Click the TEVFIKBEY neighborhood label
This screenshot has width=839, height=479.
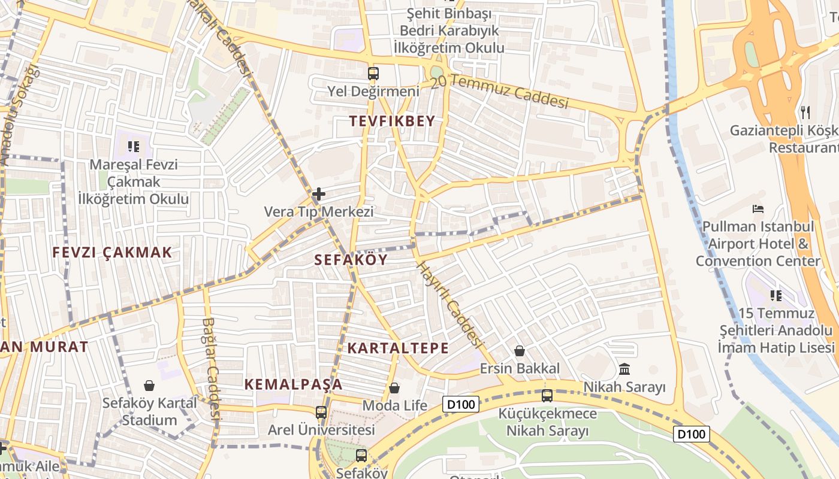pyautogui.click(x=392, y=122)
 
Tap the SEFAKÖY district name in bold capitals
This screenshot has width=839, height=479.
pyautogui.click(x=351, y=259)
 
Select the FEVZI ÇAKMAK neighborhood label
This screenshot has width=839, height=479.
pyautogui.click(x=112, y=252)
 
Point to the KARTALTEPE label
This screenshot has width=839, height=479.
pyautogui.click(x=398, y=348)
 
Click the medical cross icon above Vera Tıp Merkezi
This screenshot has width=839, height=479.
pyautogui.click(x=319, y=194)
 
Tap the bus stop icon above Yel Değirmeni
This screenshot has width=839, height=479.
pyautogui.click(x=373, y=74)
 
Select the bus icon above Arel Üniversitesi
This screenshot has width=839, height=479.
pyautogui.click(x=321, y=412)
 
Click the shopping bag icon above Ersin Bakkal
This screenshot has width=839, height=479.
pyautogui.click(x=520, y=351)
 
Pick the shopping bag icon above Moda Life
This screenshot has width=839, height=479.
pyautogui.click(x=394, y=388)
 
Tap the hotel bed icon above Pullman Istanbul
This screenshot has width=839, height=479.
pyautogui.click(x=758, y=209)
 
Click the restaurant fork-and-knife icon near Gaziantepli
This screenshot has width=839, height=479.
pyautogui.click(x=805, y=112)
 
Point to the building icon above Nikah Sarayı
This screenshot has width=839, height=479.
pyautogui.click(x=624, y=369)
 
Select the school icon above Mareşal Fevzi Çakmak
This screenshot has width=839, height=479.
pyautogui.click(x=134, y=145)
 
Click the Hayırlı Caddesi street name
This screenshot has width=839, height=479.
pyautogui.click(x=449, y=305)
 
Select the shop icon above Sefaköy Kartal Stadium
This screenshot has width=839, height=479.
pyautogui.click(x=149, y=386)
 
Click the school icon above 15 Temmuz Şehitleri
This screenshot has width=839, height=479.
pyautogui.click(x=776, y=295)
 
